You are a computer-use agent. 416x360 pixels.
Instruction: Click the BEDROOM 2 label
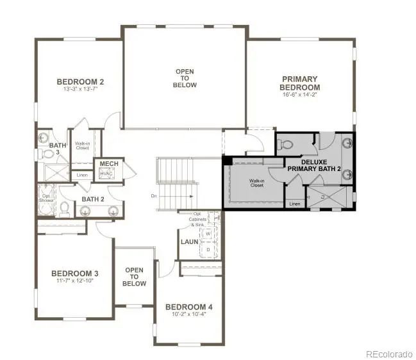point(80,81)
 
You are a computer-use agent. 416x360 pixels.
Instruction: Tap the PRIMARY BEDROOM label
point(300,83)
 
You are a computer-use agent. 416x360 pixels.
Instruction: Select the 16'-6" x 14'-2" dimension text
point(300,94)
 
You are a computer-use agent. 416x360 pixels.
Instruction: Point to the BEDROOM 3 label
point(75,273)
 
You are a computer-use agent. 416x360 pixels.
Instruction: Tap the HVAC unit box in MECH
point(106,174)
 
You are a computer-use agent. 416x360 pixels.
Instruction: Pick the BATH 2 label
point(93,199)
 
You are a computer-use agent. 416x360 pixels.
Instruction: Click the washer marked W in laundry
point(208,234)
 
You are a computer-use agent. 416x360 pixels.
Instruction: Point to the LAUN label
point(189,242)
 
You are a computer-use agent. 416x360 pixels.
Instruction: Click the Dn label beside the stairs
point(154,196)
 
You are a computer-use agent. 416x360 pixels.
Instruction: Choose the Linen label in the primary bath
point(294,204)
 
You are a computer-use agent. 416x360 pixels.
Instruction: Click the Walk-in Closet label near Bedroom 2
point(82,146)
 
